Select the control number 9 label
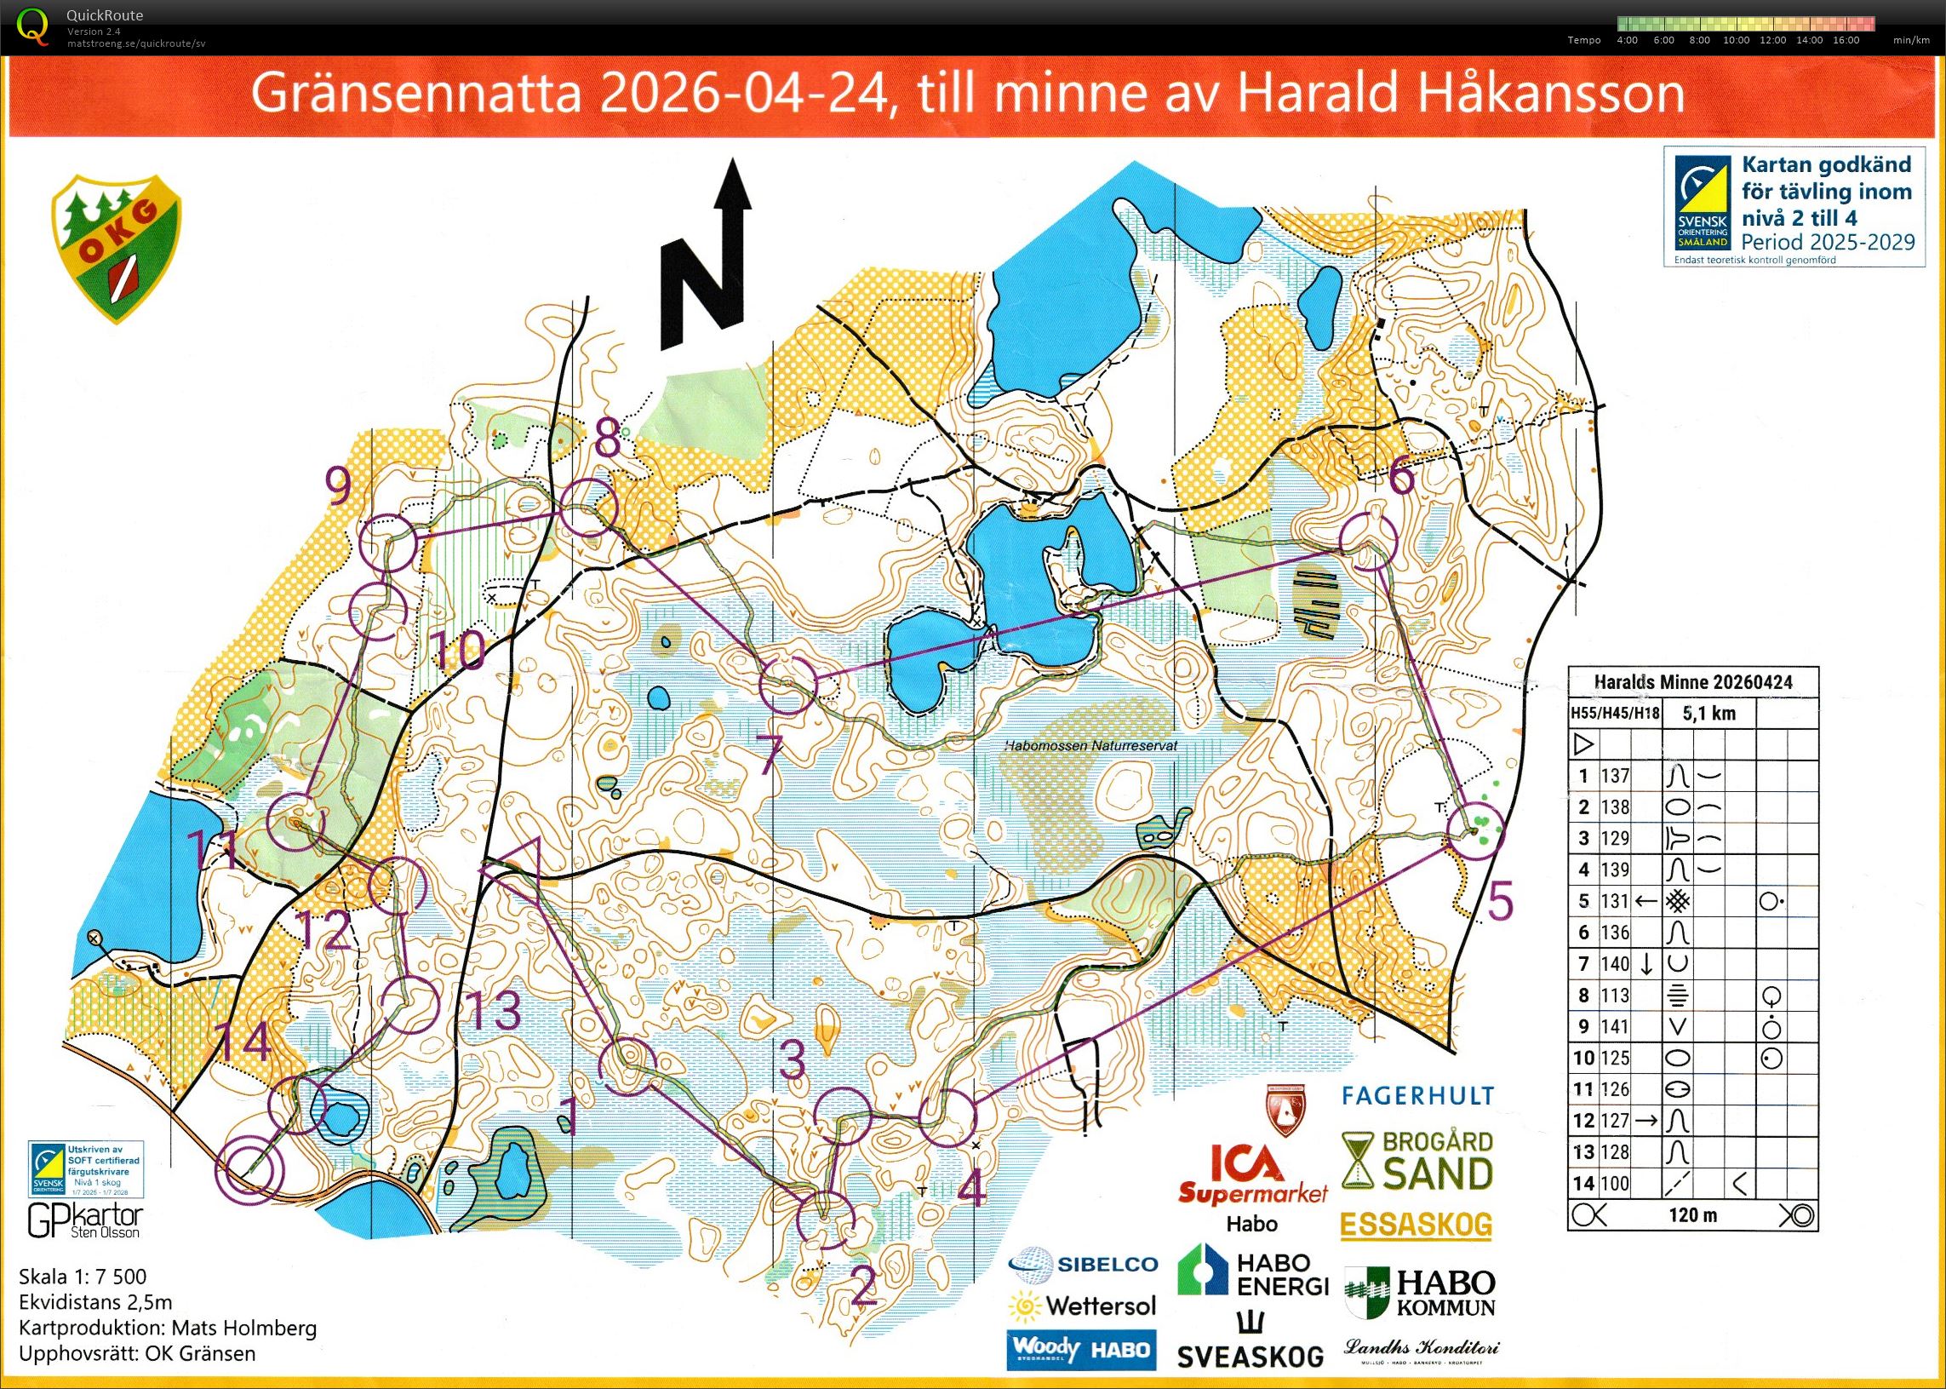(340, 488)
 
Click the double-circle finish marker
(249, 1172)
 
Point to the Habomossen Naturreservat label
(1090, 746)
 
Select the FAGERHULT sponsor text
(1417, 1095)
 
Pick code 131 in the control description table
(1615, 902)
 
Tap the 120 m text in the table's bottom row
(1693, 1215)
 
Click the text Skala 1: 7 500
(82, 1277)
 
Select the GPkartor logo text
(84, 1220)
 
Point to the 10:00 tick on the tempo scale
(1736, 40)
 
